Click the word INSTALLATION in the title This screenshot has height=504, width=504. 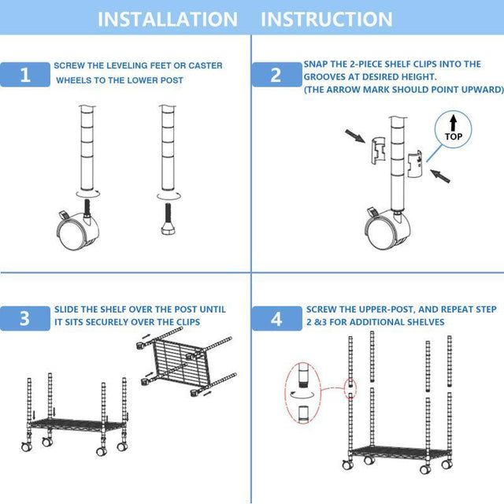point(167,19)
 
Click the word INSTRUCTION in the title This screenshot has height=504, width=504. point(326,19)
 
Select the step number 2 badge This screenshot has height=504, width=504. point(276,75)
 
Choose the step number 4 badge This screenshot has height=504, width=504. point(276,318)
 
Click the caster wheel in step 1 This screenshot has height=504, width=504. point(78,231)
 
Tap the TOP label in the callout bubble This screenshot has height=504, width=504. point(454,135)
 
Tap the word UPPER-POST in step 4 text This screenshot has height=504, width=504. point(373,309)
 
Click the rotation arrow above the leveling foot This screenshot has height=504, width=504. point(168,194)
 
